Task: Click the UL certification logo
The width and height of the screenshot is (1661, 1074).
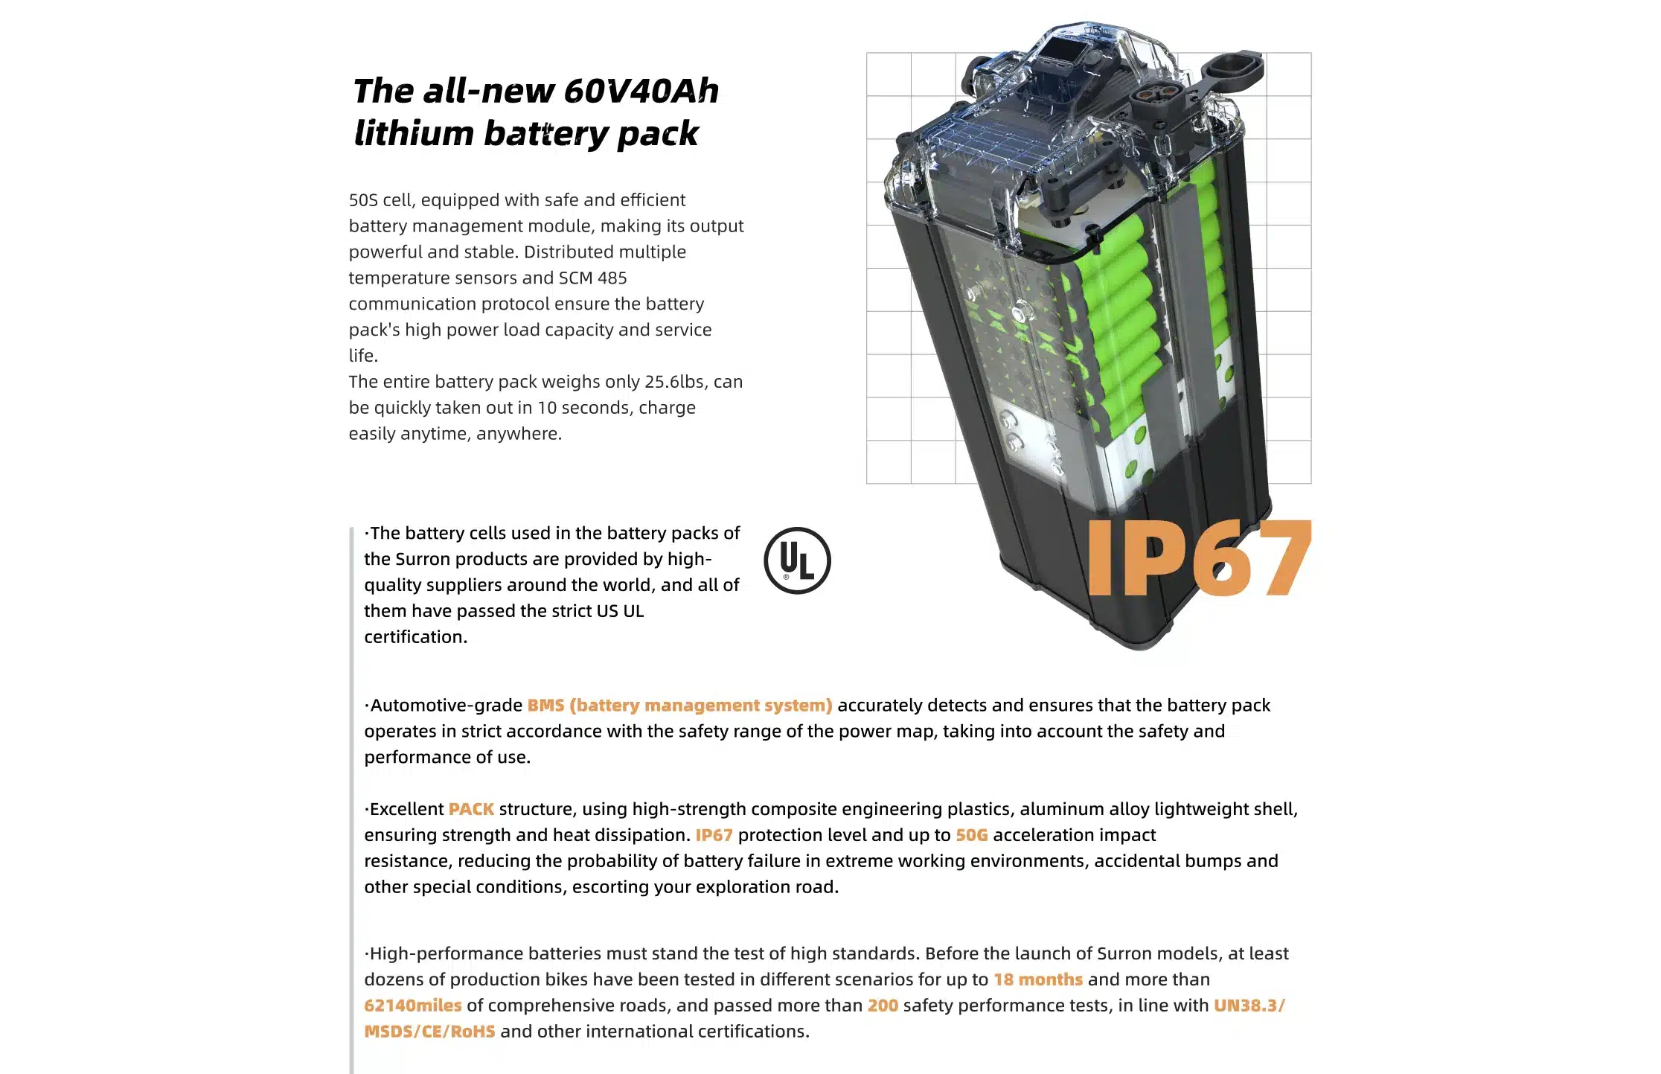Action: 797,560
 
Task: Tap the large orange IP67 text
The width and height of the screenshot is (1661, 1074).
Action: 1197,558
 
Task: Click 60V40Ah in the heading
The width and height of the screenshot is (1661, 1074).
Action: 641,91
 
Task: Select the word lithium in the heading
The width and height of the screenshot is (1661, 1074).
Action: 414,134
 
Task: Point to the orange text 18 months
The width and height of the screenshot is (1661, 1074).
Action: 1038,979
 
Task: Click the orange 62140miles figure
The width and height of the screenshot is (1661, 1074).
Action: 413,1006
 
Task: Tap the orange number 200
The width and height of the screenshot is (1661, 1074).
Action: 883,1006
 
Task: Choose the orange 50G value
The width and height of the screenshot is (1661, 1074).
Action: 971,835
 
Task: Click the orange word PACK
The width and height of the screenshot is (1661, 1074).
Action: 471,809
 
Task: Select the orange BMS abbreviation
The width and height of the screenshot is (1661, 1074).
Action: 545,706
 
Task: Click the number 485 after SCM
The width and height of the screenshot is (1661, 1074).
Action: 612,278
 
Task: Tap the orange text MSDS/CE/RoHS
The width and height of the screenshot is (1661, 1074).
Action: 429,1032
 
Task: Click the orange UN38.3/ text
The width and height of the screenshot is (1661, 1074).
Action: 1249,1006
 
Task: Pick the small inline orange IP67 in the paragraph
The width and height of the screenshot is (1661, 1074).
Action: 714,835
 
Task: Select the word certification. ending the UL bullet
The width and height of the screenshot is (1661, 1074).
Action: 415,637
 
